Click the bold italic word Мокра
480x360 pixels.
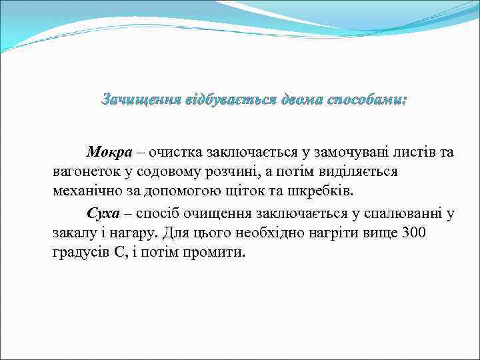[107, 152]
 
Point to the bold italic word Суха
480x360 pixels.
[103, 213]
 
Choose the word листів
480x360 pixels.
[399, 152]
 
